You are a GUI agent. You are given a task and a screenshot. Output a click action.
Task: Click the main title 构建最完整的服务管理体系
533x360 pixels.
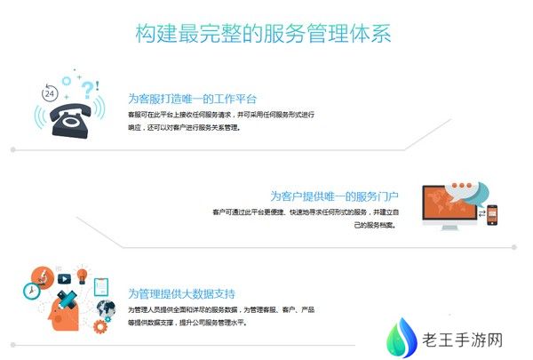263,34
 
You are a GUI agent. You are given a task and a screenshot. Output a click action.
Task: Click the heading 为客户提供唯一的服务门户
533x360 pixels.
333,196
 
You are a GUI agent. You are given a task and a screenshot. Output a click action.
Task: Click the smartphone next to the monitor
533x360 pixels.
491,215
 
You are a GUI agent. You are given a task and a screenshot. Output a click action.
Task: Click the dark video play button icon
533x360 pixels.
63,278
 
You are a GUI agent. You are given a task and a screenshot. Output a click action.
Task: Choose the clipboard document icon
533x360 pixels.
101,286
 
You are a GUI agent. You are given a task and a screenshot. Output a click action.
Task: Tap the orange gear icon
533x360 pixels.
100,324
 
